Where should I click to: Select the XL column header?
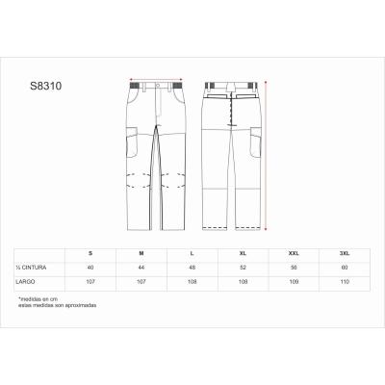(244, 251)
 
